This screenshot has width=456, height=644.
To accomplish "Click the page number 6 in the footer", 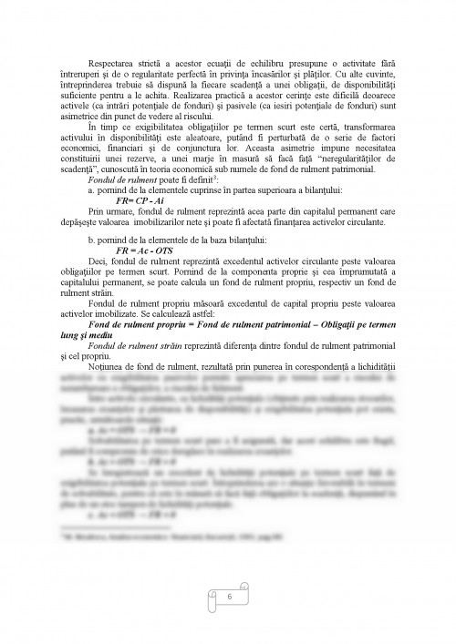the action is pos(229,596).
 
